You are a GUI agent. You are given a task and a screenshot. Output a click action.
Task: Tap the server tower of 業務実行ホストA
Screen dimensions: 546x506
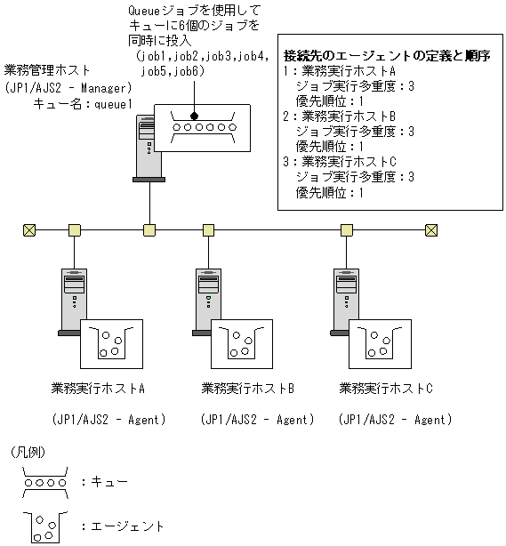point(69,302)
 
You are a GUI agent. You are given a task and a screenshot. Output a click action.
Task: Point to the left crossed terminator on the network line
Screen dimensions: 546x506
point(29,230)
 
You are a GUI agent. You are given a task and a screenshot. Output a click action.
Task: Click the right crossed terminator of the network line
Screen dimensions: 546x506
point(431,230)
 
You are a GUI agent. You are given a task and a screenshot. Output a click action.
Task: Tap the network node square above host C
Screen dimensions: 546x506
point(344,230)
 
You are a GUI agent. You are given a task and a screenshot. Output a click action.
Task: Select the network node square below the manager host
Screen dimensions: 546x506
point(149,230)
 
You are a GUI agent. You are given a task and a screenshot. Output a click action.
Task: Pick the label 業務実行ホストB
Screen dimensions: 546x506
point(247,389)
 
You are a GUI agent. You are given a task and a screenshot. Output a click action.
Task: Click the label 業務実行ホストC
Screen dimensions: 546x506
point(386,389)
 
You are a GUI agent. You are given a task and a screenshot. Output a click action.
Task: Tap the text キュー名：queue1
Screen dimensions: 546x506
point(82,104)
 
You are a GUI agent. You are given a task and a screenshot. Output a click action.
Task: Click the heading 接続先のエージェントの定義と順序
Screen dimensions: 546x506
point(386,55)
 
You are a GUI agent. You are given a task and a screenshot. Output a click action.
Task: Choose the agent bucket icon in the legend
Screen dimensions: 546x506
point(42,526)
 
